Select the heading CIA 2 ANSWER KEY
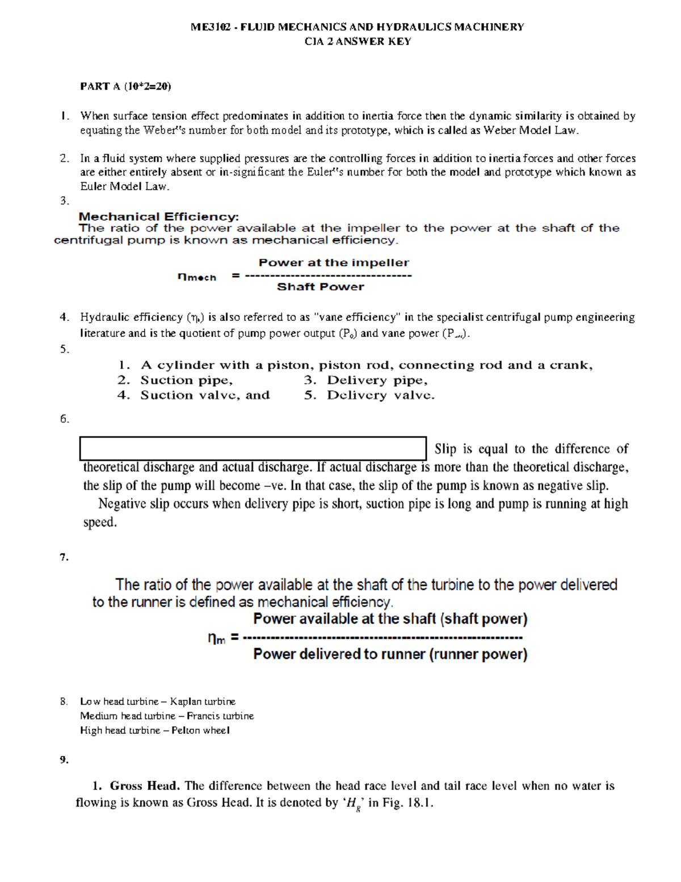358,41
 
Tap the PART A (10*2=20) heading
125,86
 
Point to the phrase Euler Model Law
124,186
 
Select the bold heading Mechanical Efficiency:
159,216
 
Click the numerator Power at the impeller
334,262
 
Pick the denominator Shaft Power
320,287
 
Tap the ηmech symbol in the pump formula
197,277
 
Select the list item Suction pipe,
187,381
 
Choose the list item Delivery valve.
380,395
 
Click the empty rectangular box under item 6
253,448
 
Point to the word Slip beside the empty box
445,449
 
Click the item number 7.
64,557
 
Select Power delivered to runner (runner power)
390,654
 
